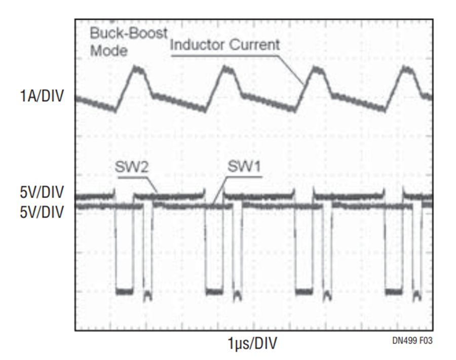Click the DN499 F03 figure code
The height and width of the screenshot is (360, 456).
coord(412,341)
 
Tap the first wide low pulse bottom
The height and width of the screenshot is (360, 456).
coord(124,292)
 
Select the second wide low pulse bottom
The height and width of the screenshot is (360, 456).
coord(214,292)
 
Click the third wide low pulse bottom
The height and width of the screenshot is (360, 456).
coord(303,292)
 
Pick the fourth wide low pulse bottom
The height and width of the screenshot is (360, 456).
coord(393,292)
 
